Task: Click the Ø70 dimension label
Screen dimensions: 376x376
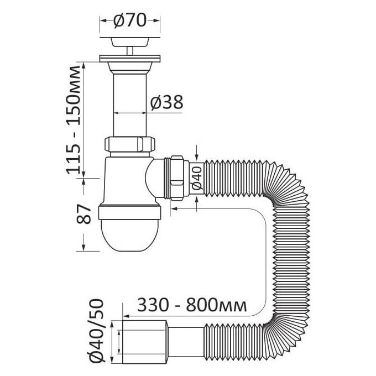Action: coord(130,20)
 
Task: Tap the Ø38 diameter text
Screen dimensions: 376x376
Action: coord(166,102)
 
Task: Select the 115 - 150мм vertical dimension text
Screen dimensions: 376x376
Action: coord(73,119)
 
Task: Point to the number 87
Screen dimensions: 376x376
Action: coord(83,214)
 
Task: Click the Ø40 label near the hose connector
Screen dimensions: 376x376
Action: coord(197,178)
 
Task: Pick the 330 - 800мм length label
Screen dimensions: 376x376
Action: coord(192,305)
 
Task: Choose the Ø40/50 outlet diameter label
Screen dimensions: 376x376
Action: coord(96,334)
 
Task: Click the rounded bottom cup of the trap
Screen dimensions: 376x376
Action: coord(129,235)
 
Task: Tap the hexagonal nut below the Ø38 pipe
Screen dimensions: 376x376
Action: coord(130,144)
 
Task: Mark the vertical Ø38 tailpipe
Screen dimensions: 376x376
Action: coord(130,105)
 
